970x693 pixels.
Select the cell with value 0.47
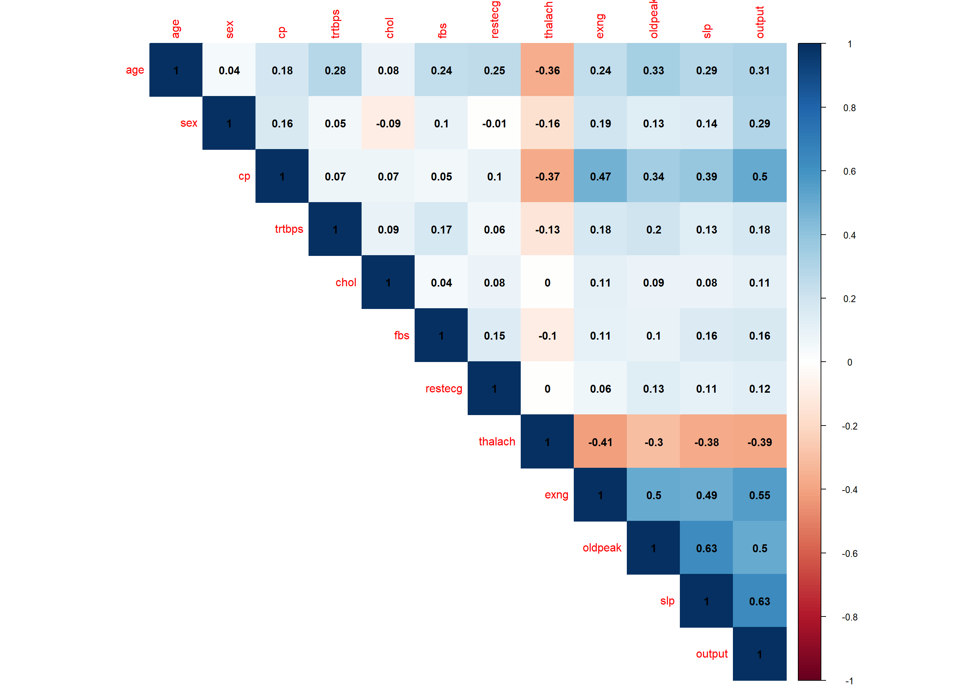click(600, 176)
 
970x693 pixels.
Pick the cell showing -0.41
click(600, 442)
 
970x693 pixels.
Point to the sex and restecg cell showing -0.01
click(494, 123)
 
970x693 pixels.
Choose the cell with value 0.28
click(335, 70)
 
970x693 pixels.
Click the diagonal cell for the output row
click(759, 654)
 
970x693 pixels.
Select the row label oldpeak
click(602, 548)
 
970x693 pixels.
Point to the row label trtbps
click(289, 229)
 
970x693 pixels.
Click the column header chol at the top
click(389, 28)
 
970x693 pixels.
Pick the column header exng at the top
click(600, 26)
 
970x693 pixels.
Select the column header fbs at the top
click(442, 30)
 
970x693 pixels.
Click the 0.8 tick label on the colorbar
click(849, 108)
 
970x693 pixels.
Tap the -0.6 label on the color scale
click(849, 553)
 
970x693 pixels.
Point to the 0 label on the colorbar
click(849, 362)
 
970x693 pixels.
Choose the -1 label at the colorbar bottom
click(849, 681)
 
